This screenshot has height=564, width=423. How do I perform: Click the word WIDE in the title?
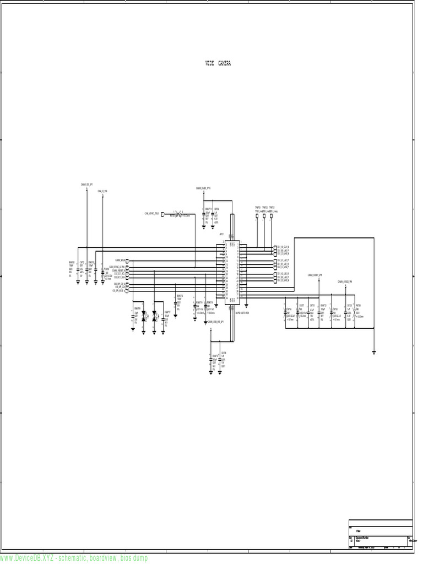point(209,63)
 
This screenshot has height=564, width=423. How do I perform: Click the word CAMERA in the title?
point(224,63)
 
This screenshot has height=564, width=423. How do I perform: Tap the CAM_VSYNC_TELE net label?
point(152,213)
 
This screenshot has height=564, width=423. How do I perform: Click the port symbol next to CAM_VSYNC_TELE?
point(162,213)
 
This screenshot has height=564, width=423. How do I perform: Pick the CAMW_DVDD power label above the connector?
point(204,188)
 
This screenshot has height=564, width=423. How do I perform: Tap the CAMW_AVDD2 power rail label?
point(345,281)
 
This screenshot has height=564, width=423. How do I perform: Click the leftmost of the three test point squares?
point(257,216)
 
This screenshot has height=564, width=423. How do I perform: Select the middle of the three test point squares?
point(264,216)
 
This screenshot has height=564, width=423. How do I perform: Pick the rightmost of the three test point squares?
point(272,216)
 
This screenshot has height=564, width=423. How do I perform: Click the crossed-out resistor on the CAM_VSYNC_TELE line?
point(177,213)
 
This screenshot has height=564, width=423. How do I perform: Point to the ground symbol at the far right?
point(373,351)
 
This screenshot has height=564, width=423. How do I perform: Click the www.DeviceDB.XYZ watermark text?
point(74,558)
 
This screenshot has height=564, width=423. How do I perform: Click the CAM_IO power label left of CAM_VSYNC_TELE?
point(102,191)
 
